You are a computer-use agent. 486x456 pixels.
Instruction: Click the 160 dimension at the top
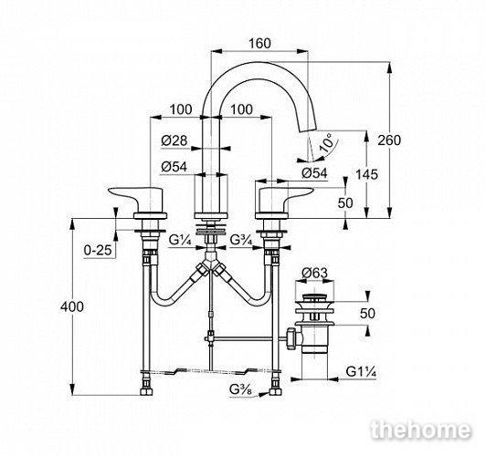pos(259,43)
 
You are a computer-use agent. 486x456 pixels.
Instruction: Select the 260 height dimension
pos(389,140)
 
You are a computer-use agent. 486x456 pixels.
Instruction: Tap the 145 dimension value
pos(366,174)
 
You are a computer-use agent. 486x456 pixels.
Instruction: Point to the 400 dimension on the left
pos(72,306)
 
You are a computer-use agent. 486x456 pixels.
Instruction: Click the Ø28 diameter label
pos(174,140)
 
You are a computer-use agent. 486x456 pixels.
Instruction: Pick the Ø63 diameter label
pos(314,273)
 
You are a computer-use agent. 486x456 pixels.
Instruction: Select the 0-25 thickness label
pos(98,250)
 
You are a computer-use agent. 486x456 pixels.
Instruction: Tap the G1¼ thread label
pos(361,371)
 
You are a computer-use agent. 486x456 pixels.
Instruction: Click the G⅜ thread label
pos(241,389)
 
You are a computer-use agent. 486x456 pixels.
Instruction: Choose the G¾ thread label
pos(242,240)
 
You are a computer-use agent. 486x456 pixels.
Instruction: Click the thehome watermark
pos(421,430)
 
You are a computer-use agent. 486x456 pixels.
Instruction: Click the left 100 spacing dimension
pos(181,109)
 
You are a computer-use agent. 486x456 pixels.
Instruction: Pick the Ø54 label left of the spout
pos(174,167)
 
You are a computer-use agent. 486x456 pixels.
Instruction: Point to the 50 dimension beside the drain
pos(368,314)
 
